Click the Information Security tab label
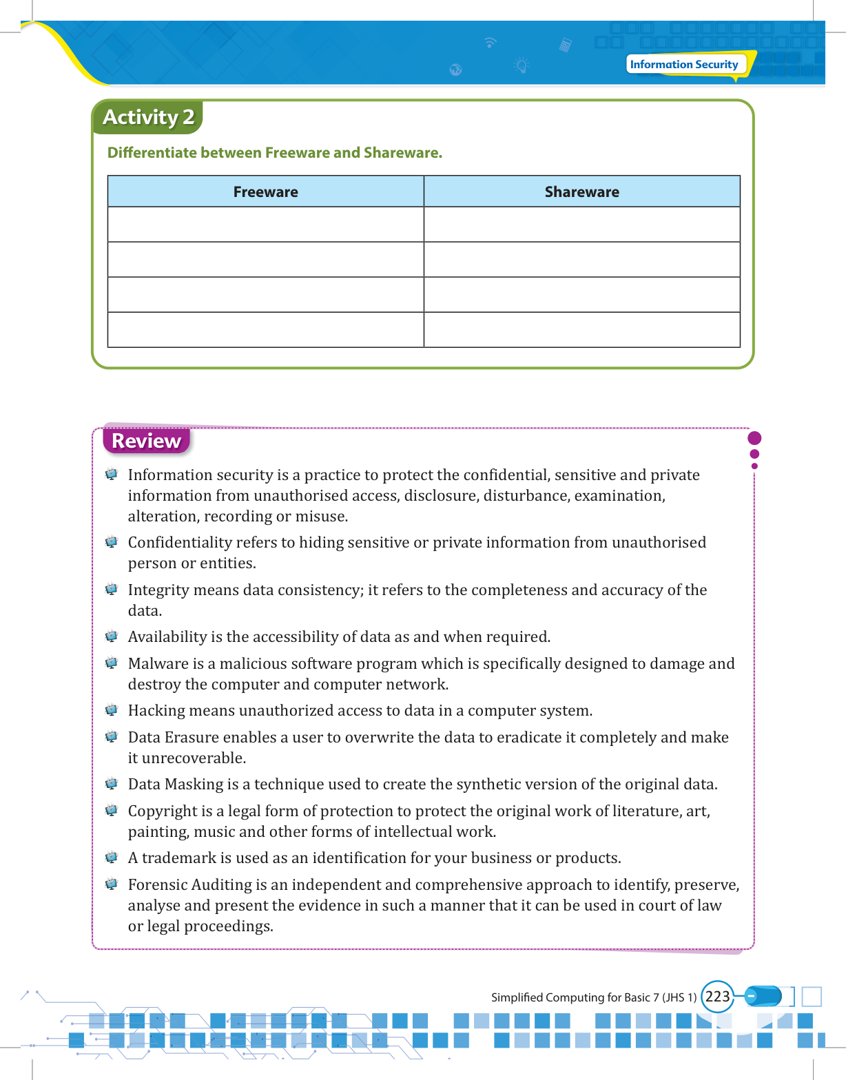(x=683, y=64)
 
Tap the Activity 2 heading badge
(x=148, y=117)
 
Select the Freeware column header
(x=265, y=191)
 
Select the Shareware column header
(x=581, y=191)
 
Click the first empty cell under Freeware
(x=265, y=225)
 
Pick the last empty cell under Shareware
(x=581, y=330)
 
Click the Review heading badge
(x=146, y=441)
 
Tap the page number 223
(x=717, y=997)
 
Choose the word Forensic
(x=157, y=885)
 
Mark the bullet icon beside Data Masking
(x=112, y=784)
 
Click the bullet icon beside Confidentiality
(x=112, y=542)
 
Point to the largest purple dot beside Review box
(x=754, y=438)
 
